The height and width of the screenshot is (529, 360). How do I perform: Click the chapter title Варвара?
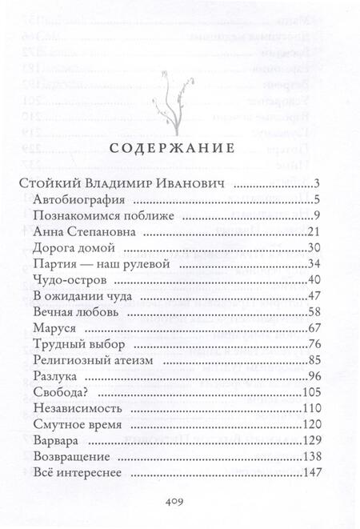(58, 440)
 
